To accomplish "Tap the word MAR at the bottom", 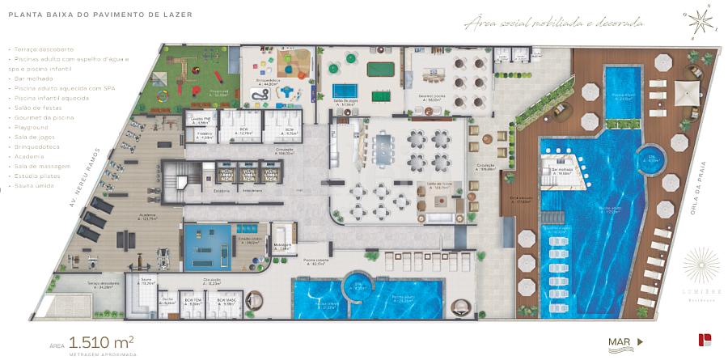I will click(x=620, y=341).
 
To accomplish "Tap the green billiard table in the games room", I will click(x=379, y=70).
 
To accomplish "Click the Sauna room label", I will click(x=148, y=282).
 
